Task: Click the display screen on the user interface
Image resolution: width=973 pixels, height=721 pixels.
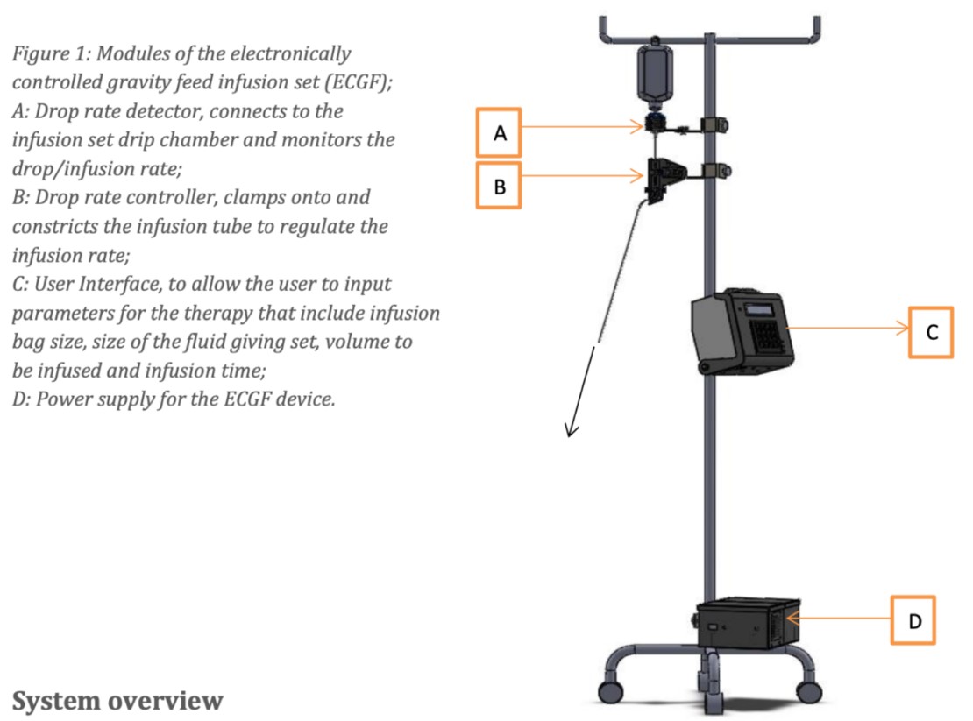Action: coord(758,309)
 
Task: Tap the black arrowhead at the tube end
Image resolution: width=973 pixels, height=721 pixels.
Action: coord(571,429)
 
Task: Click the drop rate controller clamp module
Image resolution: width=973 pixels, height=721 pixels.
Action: coord(665,179)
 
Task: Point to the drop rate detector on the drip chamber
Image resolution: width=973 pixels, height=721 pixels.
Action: coord(654,122)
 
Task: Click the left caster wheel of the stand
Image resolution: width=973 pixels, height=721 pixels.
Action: coord(611,691)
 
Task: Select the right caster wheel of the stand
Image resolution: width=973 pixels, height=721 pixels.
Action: coord(808,691)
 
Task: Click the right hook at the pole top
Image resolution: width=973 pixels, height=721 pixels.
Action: coord(816,29)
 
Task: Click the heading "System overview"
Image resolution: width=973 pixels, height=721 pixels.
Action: coord(117,701)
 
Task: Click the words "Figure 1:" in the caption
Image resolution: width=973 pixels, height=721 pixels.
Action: coord(52,54)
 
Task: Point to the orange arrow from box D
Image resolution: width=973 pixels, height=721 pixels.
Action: coord(838,619)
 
